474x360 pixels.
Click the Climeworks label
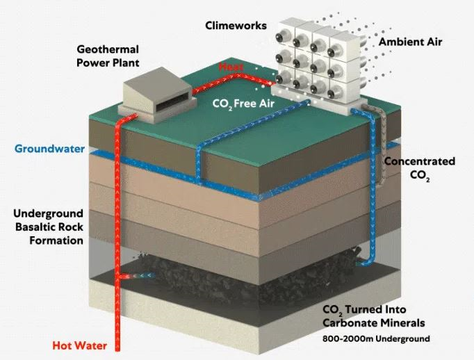pyautogui.click(x=236, y=26)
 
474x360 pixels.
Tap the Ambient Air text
pyautogui.click(x=410, y=42)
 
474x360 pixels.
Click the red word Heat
pyautogui.click(x=231, y=67)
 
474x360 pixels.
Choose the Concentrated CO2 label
pyautogui.click(x=420, y=168)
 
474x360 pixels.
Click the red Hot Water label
pyautogui.click(x=81, y=344)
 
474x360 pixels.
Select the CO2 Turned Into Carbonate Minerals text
pyautogui.click(x=374, y=317)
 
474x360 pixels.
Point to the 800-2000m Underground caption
pyautogui.click(x=377, y=338)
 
